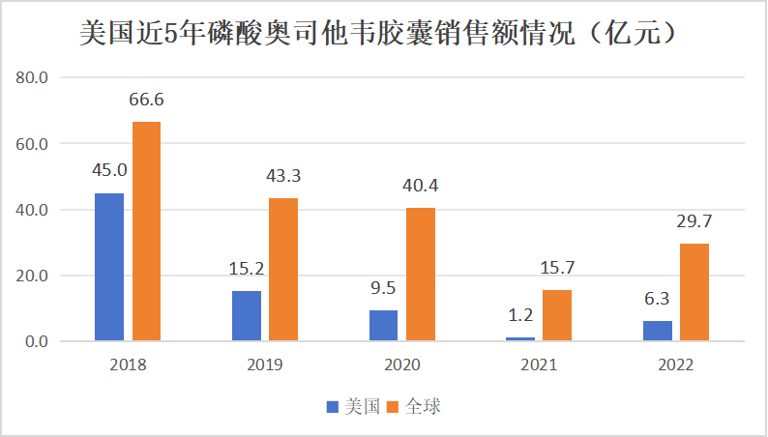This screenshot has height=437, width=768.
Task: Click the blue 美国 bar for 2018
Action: (109, 267)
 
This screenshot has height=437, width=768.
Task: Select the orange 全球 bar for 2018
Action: (146, 231)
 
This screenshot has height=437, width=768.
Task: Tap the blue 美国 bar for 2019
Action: (247, 316)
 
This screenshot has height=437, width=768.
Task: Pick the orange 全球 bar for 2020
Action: (421, 275)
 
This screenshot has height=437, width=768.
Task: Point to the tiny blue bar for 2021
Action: (520, 338)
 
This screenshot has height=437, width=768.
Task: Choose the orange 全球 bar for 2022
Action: (694, 292)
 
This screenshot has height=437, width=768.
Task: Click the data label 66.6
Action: (146, 101)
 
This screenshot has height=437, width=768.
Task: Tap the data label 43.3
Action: (284, 177)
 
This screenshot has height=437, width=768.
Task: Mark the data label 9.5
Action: (384, 289)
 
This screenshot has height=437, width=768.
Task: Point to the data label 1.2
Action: (520, 316)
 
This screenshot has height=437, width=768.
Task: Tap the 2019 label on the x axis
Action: (265, 364)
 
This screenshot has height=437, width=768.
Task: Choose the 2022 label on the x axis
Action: (675, 364)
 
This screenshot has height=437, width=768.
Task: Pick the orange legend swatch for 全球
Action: (394, 407)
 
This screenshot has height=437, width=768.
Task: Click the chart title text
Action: (377, 35)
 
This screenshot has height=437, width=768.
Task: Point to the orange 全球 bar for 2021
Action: (557, 315)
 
